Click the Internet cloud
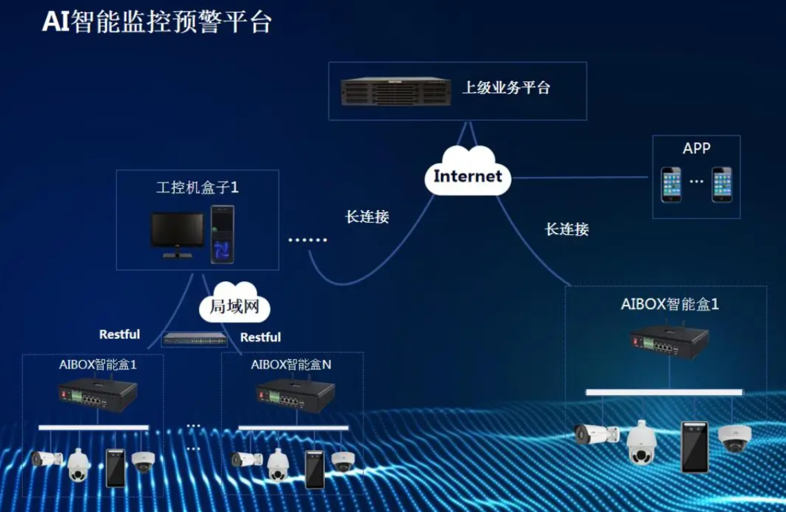(468, 173)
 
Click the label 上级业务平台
(506, 88)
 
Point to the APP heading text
(696, 149)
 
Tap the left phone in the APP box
(671, 184)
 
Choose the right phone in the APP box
(722, 184)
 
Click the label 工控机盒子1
(197, 187)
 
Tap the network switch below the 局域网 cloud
(194, 339)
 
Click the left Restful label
(120, 334)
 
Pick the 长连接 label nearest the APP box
(567, 229)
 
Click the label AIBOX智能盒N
(291, 364)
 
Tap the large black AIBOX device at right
(668, 341)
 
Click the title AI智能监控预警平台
(156, 22)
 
